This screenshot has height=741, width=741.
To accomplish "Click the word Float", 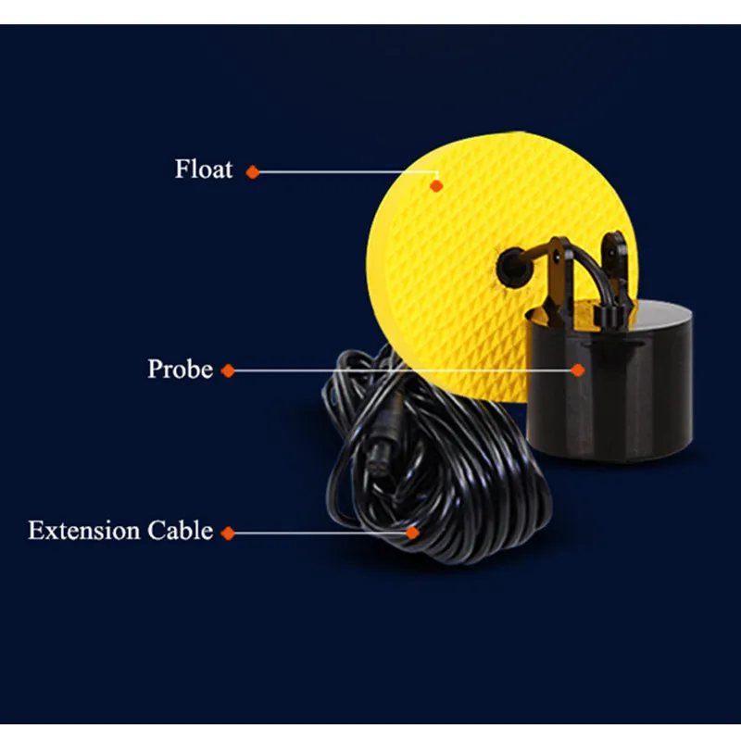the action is tap(204, 170).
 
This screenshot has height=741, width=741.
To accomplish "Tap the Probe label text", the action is tap(180, 370).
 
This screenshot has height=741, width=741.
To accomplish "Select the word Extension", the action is tap(82, 532).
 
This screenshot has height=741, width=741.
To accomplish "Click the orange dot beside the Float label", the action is tap(252, 171).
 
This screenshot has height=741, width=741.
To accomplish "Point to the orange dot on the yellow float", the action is tap(436, 185).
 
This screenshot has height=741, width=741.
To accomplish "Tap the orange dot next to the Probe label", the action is tap(228, 370).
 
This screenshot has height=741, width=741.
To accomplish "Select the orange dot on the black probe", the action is tap(578, 370).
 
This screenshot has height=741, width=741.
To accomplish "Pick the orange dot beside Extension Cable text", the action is tap(228, 533).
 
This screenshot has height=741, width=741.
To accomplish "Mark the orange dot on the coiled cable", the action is tap(413, 533).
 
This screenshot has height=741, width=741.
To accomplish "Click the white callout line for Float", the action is tap(343, 171).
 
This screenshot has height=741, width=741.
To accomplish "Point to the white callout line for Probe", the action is tap(398, 370).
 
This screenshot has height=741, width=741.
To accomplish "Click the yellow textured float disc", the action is tap(435, 278).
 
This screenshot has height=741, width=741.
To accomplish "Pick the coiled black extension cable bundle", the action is tap(445, 482).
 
